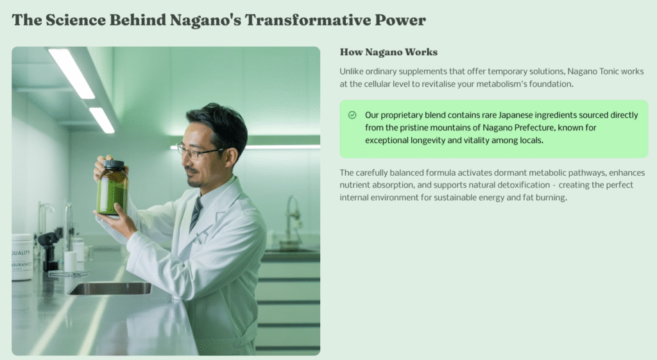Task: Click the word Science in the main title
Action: [76, 20]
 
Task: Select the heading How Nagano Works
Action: [388, 52]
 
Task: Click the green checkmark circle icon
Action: [352, 115]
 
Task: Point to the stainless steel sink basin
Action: [110, 288]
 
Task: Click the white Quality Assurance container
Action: [22, 257]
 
